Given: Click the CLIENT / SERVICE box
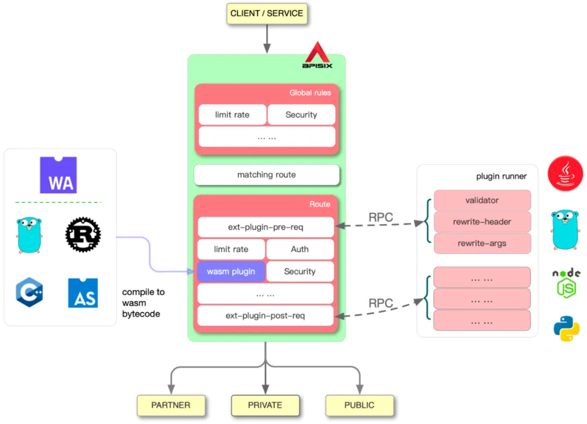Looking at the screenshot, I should coord(267,14).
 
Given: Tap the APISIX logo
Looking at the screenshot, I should coord(317,56).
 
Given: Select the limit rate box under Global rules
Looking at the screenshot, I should coord(232,115).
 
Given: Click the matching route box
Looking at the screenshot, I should coord(266,175).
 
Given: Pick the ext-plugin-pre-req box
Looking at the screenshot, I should coord(265,227).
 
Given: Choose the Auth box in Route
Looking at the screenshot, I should coord(299,249).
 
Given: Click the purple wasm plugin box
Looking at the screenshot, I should coord(231,271).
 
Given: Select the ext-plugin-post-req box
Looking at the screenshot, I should coord(265,315).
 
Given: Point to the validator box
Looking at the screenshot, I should coord(482,200).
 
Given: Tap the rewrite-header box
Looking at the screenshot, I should coord(482,222).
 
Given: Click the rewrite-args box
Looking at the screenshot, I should coord(482,243).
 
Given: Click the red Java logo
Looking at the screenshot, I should coord(565,173).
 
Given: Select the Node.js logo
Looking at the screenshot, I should coord(566,282).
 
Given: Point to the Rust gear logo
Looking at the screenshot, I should coord(83,235).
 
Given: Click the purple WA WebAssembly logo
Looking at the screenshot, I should coord(58,175).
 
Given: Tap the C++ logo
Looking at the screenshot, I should coord(29,293).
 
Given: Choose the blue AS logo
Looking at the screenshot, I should coord(83,293).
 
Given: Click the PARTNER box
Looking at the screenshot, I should coord(171,405).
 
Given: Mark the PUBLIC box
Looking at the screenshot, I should coord(359,405).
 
